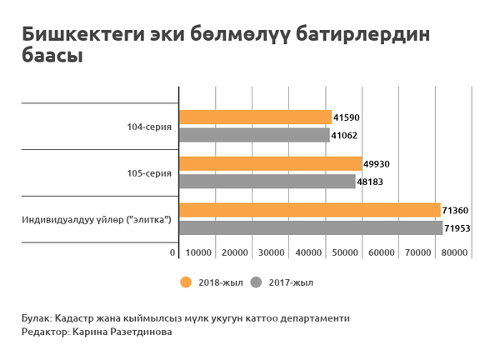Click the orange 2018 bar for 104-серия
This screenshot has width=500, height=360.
[255, 117]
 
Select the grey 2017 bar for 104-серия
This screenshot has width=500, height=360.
[254, 134]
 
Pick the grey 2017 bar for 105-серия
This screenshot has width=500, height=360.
[267, 181]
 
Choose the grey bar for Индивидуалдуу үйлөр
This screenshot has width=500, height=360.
[311, 227]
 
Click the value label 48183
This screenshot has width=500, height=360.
[370, 182]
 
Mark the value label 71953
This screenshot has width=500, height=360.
[457, 227]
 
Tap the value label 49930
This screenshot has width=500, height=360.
[377, 164]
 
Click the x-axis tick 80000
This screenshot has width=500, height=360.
[454, 252]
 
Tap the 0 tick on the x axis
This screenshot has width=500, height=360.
[173, 252]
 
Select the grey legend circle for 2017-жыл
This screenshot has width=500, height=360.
[257, 282]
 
